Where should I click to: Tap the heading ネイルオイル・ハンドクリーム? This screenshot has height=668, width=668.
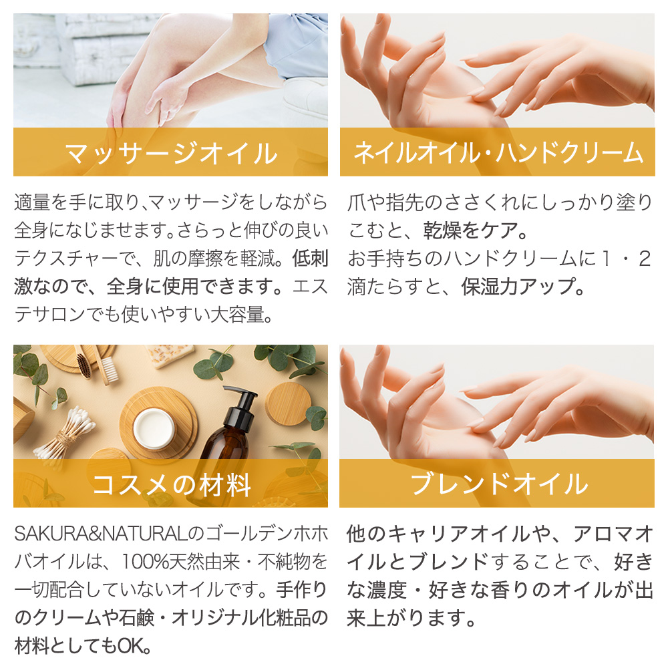[x=498, y=152]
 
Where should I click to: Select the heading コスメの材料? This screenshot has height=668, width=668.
[x=171, y=485]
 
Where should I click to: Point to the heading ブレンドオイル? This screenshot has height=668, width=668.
[x=498, y=484]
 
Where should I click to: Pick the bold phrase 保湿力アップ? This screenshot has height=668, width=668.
[x=517, y=287]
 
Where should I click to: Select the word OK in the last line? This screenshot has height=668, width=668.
[x=131, y=646]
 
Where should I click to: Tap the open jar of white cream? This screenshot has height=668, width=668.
[x=154, y=428]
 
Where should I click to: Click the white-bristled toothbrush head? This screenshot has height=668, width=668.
[x=109, y=369]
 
